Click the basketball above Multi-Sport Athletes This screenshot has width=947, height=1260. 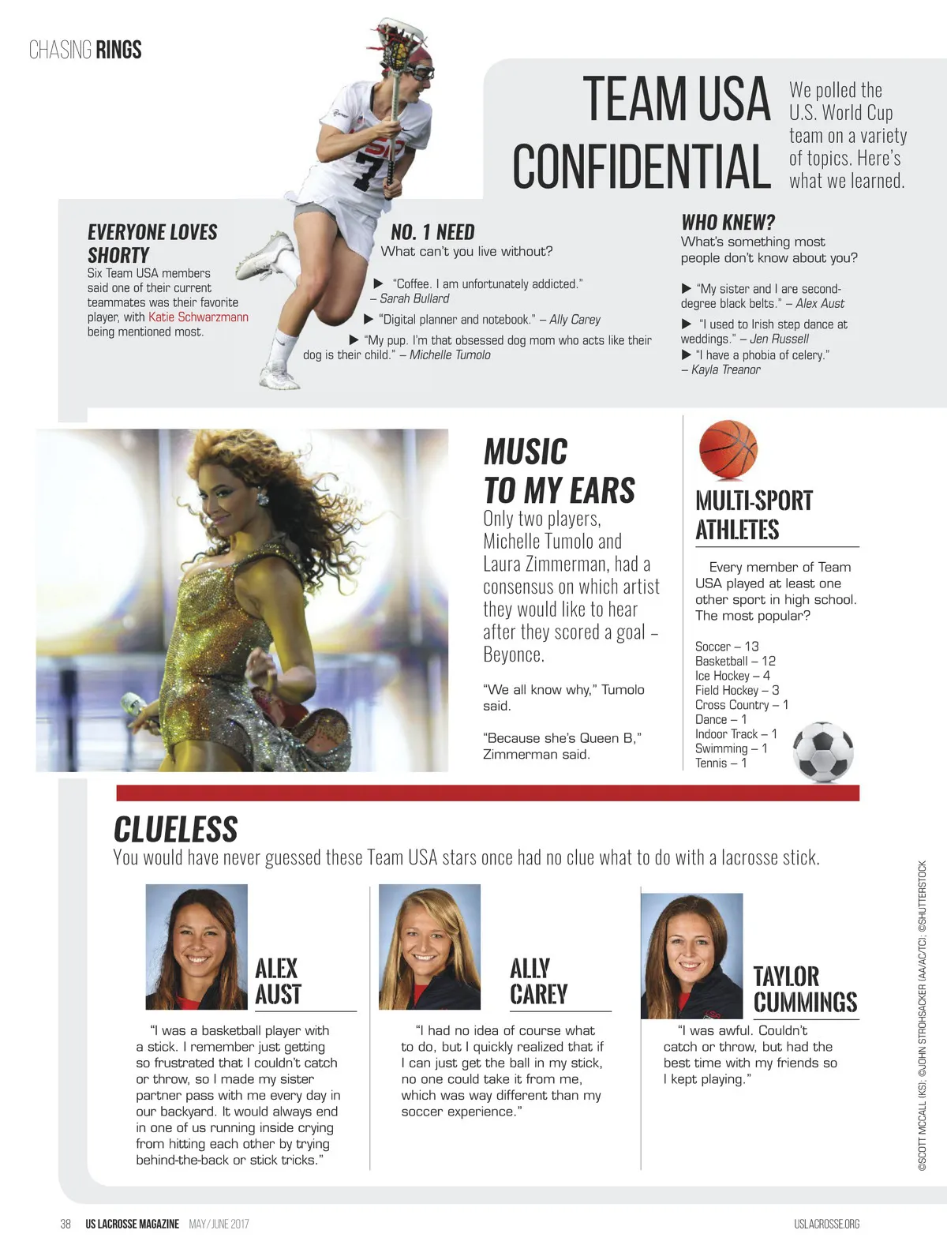[x=728, y=450]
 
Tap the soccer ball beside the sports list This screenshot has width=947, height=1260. [x=822, y=752]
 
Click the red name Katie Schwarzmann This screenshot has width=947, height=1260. [x=198, y=317]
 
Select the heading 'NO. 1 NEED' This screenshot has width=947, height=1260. [x=432, y=232]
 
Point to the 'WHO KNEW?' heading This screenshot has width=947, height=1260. [x=728, y=222]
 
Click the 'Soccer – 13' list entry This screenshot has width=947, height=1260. [x=726, y=647]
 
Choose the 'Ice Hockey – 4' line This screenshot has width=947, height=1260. [x=732, y=676]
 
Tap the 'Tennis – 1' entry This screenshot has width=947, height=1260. [x=720, y=763]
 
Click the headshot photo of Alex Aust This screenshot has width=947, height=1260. [x=197, y=947]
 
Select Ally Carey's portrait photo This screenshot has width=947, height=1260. [x=429, y=947]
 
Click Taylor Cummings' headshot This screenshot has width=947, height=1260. [x=691, y=955]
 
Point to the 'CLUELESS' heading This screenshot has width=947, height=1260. [x=175, y=830]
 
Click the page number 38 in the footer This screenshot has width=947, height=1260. [x=66, y=1224]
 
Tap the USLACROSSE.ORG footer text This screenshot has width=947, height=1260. [x=826, y=1224]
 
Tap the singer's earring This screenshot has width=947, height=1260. [x=262, y=501]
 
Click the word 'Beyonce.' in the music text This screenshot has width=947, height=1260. [x=513, y=654]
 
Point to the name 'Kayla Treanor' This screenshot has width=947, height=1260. [x=725, y=369]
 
